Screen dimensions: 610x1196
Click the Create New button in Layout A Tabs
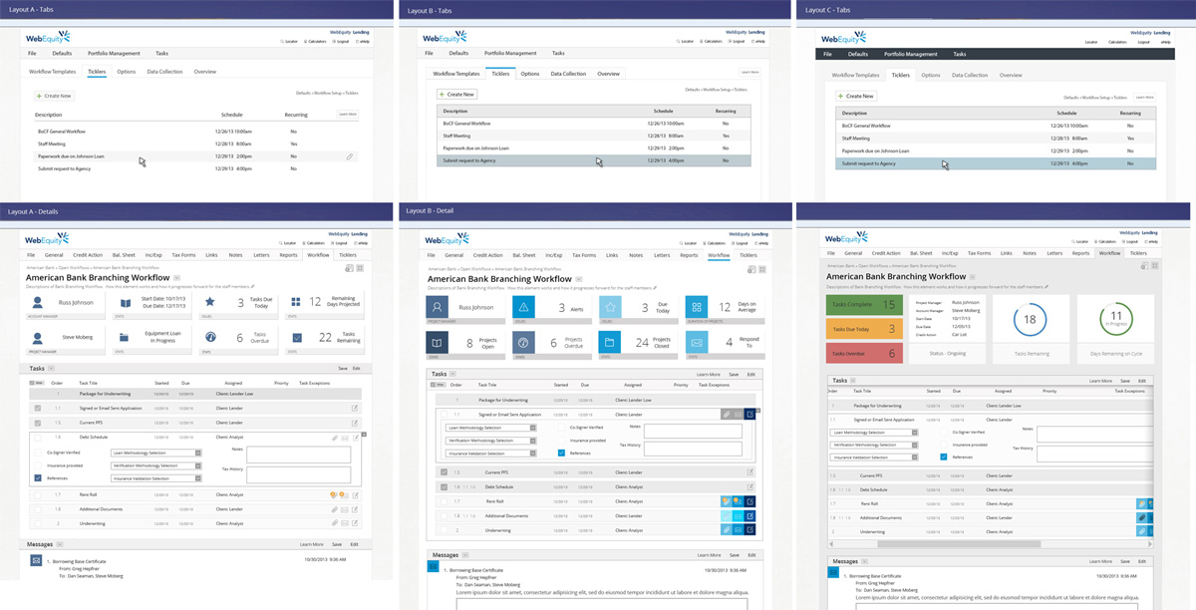[54, 96]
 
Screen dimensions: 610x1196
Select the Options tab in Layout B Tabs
[530, 74]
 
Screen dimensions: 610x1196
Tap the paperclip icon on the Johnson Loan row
[350, 156]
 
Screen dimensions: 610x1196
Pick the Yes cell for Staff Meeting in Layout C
[1129, 139]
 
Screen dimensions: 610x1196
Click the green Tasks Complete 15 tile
[863, 305]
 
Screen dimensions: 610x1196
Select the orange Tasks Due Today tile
[863, 329]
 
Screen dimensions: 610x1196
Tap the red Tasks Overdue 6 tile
[863, 353]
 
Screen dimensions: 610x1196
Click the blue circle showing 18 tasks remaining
[1031, 320]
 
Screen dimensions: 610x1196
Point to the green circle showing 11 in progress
[1115, 320]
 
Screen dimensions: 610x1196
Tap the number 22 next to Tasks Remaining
[325, 338]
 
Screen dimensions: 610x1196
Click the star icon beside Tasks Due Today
[210, 302]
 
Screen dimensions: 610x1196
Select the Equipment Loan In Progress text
[162, 338]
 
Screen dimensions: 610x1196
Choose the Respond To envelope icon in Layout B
[696, 342]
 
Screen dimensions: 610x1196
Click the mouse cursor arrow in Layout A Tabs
[143, 161]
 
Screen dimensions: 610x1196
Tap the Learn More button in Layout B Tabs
[749, 73]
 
